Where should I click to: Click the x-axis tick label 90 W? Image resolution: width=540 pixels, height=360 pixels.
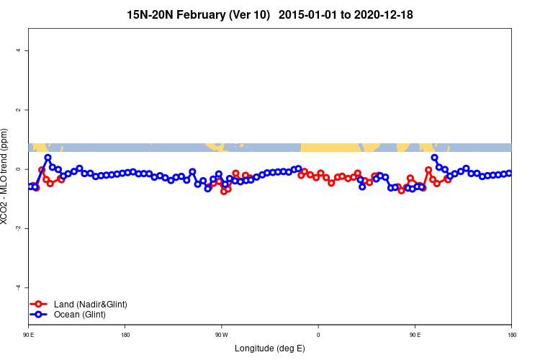(221, 335)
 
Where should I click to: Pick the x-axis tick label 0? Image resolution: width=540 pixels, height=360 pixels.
(318, 335)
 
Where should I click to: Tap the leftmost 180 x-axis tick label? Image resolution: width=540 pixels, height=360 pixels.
(125, 335)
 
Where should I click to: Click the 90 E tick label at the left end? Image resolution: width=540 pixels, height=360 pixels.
(29, 335)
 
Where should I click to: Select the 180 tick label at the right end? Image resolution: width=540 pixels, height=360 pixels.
(511, 335)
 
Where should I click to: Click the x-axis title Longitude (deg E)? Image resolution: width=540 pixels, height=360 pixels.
(270, 349)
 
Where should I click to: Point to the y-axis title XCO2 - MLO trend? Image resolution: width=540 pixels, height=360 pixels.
(6, 176)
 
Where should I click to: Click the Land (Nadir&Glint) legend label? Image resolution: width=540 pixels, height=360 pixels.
(91, 305)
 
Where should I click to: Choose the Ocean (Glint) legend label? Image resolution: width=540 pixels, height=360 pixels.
(80, 315)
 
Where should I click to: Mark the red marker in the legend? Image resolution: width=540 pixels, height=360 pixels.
(40, 305)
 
